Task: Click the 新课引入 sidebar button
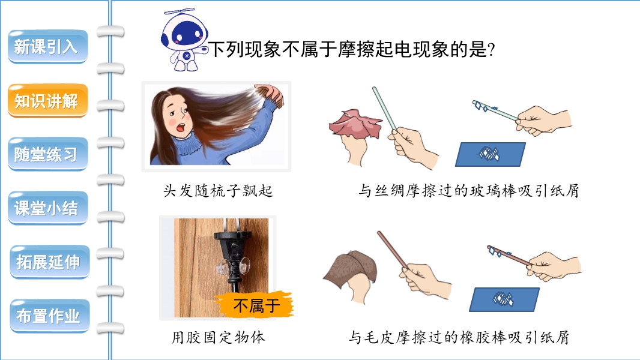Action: pos(48,46)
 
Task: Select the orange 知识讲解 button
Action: pos(48,101)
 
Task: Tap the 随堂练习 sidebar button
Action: pos(48,154)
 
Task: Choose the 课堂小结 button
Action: pos(48,208)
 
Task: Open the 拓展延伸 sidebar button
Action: pos(49,262)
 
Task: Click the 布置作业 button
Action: pos(49,316)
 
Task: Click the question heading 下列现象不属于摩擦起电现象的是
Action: pos(352,50)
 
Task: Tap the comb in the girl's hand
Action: pos(269,95)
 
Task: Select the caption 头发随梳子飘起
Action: pos(218,191)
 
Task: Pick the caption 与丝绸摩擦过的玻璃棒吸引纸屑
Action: pos(468,191)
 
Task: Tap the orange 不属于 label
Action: pos(255,305)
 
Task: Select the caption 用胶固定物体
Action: pos(218,338)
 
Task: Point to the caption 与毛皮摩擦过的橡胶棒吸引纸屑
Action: pos(459,338)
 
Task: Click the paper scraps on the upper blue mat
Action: pos(489,154)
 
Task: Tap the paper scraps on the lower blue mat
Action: pos(503,299)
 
